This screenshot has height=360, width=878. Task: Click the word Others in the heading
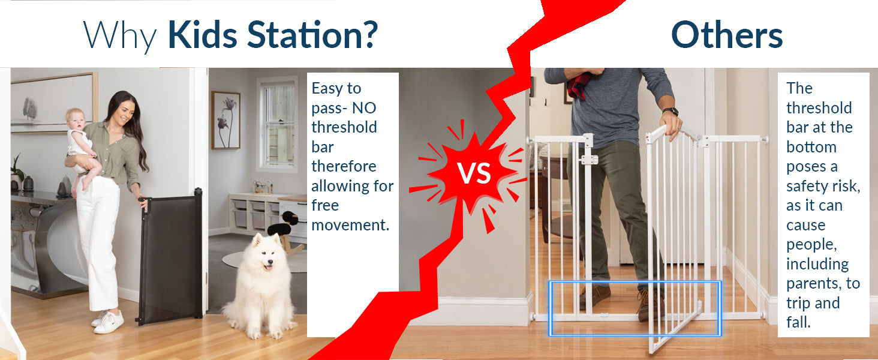coord(727,35)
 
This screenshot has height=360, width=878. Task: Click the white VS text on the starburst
coord(474,174)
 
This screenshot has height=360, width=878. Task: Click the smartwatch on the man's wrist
coord(670,112)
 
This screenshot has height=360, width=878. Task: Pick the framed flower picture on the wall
coord(225,120)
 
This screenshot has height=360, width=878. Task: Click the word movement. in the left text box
coord(350,225)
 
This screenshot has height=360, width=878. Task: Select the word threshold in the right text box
coord(819,108)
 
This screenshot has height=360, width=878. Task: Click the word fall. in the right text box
coord(798,322)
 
